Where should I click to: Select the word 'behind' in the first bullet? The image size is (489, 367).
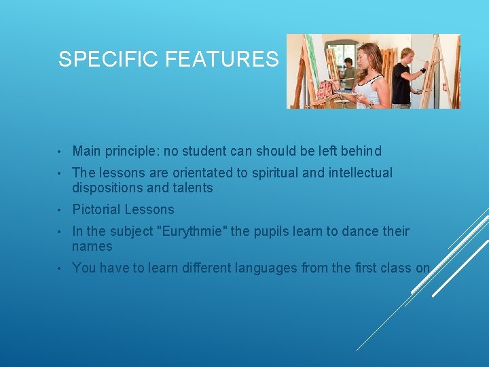pyautogui.click(x=361, y=151)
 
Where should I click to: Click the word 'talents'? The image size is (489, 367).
pyautogui.click(x=194, y=188)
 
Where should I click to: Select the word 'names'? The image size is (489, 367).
pyautogui.click(x=92, y=246)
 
